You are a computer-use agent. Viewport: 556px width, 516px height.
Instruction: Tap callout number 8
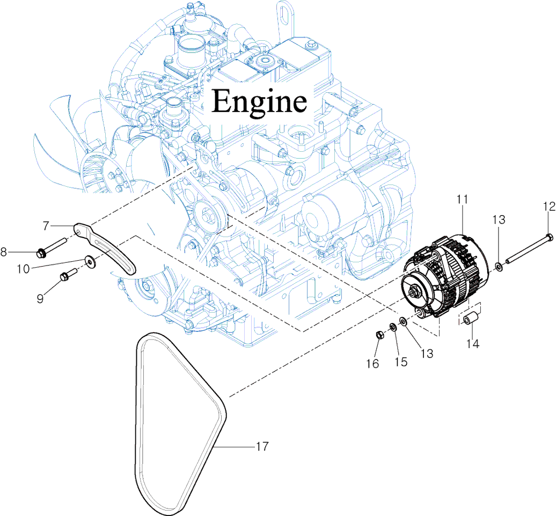[4, 252]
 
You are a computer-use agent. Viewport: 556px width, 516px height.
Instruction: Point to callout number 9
[40, 299]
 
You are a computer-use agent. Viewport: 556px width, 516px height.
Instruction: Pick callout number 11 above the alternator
[463, 200]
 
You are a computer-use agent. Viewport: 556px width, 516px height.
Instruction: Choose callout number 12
[548, 205]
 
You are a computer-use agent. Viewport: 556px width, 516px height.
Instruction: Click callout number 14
[472, 344]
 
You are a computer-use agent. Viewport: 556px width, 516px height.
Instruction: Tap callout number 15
[400, 362]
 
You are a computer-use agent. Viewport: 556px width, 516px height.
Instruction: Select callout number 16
[372, 364]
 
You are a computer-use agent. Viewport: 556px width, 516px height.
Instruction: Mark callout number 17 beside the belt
[262, 446]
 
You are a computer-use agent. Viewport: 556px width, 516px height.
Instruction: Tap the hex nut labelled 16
[378, 335]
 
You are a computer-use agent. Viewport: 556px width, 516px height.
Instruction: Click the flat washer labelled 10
[87, 262]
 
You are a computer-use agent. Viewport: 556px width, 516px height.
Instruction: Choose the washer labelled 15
[393, 327]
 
